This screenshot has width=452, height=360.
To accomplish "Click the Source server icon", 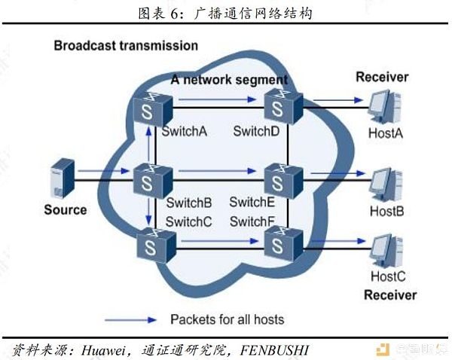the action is point(63,178).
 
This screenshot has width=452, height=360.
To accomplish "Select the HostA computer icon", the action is point(386,107).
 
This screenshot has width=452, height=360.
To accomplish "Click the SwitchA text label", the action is point(185,132).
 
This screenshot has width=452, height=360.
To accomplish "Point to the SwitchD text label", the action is point(256,131).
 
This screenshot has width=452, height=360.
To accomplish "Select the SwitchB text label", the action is point(189,203).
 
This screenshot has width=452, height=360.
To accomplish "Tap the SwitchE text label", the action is point(252,202).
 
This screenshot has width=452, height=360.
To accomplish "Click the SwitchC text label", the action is point(189,221).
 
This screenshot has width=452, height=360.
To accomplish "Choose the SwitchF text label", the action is point(252,221).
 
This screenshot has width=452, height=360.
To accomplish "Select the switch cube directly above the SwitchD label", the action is point(284,106).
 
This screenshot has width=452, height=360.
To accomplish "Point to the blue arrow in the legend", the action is point(130,320).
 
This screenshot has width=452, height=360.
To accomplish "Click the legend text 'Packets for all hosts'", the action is point(228,319).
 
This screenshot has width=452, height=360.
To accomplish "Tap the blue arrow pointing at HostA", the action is point(338,100).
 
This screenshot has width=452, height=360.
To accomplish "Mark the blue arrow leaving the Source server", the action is point(104,171).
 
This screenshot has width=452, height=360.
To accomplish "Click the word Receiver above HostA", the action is point(382,77).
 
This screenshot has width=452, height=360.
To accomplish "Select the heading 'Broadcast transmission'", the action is point(126,45).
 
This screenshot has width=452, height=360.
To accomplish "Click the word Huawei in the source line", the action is point(103,350).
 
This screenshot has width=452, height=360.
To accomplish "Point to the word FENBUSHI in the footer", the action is point(274,350).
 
